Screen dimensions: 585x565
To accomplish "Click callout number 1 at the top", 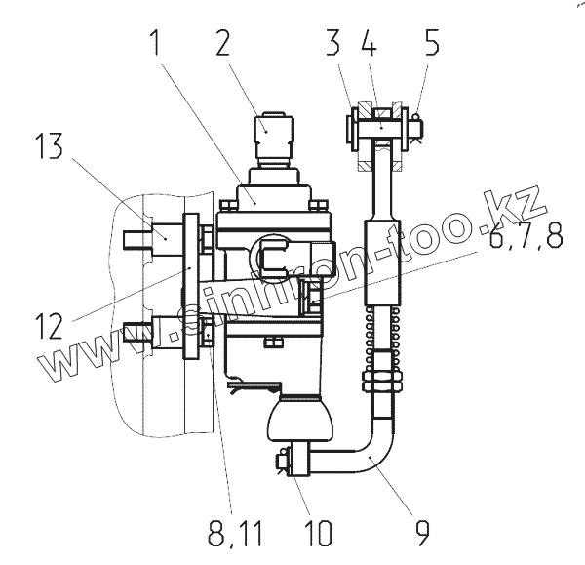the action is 156,43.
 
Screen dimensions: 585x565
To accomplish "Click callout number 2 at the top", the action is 223,43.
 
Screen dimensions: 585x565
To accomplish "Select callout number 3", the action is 333,43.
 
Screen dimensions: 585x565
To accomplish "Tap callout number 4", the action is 369,43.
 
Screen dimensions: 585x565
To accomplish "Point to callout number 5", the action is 432,43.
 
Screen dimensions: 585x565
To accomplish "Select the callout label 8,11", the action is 235,533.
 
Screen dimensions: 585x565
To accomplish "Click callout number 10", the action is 318,533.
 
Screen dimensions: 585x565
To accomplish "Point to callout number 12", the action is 49,326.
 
